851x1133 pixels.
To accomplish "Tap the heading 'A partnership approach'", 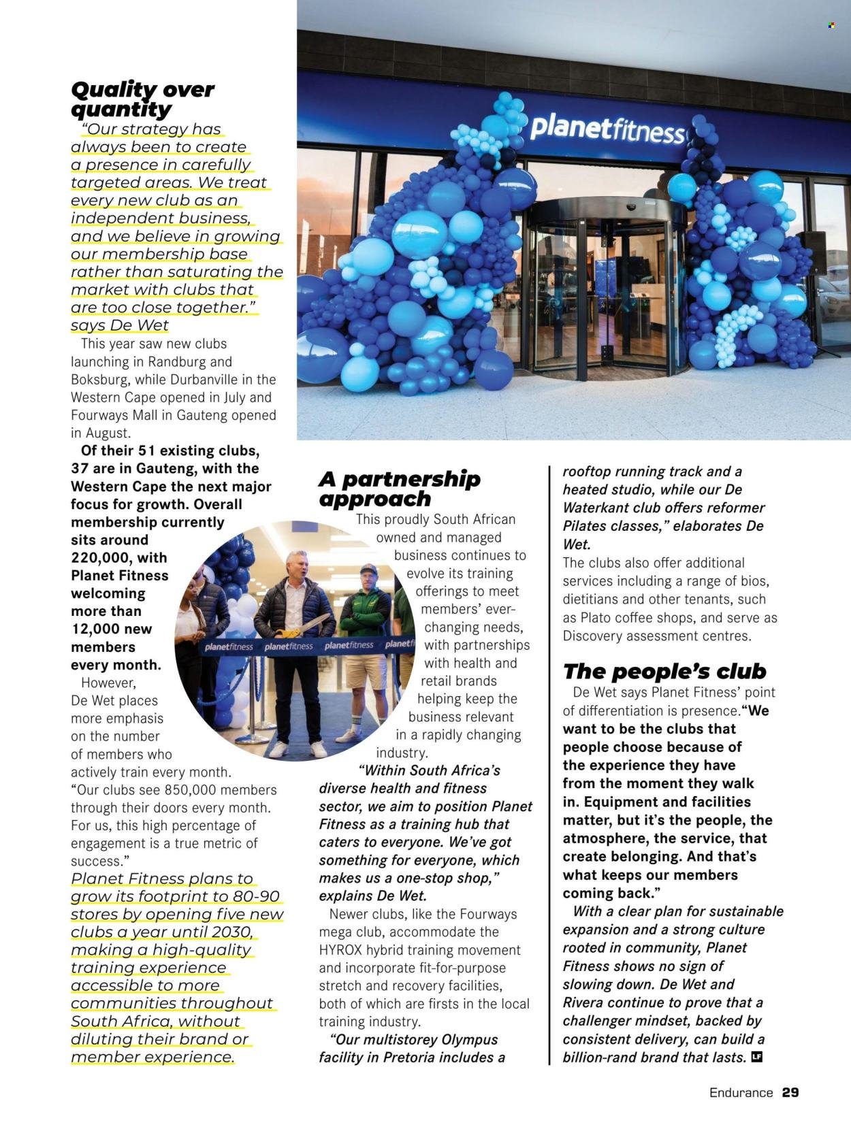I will tap(399, 489).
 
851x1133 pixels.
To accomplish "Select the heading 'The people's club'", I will tap(664, 672).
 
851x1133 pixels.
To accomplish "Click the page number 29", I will tap(790, 1093).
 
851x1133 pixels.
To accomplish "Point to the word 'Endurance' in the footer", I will tap(741, 1093).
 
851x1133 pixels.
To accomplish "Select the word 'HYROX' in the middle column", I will tap(343, 950).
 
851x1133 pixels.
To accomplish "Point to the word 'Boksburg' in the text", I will tap(99, 380).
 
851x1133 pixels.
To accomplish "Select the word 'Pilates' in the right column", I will tap(586, 526).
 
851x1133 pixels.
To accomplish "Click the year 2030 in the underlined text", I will tap(234, 932).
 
